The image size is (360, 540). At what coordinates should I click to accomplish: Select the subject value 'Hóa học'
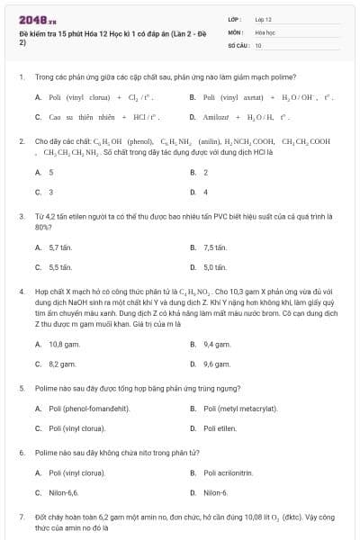point(265,31)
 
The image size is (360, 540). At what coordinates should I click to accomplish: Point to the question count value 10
point(258,44)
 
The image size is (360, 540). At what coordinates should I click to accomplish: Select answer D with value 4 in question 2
point(205,192)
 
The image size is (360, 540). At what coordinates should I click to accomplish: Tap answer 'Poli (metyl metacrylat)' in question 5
point(240,409)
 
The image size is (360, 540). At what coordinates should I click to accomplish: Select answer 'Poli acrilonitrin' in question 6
point(229,473)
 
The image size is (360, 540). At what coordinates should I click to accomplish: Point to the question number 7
point(21,517)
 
